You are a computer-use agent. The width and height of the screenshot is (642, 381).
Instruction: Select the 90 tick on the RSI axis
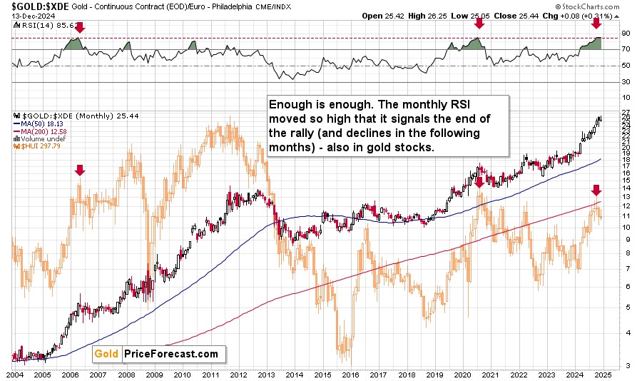625,33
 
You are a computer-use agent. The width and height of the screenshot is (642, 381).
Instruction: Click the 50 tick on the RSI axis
625,66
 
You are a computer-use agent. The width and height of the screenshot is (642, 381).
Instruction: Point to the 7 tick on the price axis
624,268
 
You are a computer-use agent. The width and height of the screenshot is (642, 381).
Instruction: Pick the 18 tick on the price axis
625,162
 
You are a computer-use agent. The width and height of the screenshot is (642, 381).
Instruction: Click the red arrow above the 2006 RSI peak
80,27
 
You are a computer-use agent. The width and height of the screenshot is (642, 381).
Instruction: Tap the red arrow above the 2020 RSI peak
479,23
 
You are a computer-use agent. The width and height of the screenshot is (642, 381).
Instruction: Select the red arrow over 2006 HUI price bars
80,170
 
